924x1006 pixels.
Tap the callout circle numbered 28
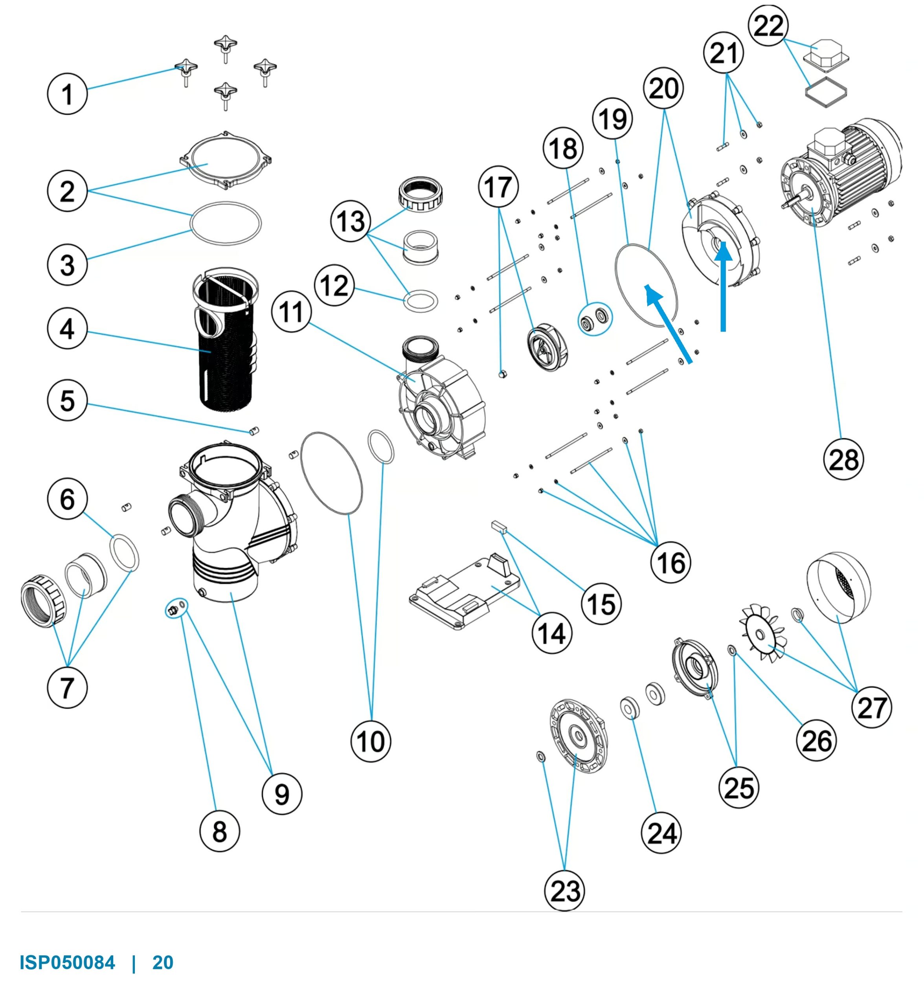[x=843, y=459]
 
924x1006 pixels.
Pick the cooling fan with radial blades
[x=762, y=633]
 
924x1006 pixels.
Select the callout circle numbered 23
[x=564, y=890]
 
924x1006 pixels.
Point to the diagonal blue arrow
[x=669, y=323]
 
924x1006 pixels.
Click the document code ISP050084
[x=68, y=962]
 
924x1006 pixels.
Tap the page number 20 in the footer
[x=163, y=962]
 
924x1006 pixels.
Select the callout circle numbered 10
[x=371, y=741]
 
